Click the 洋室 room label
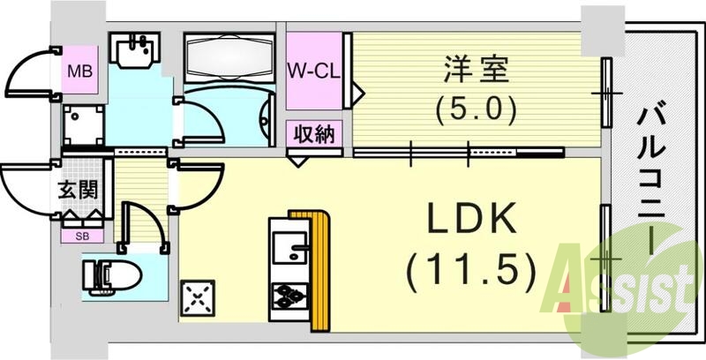point(469,67)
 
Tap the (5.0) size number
point(469,110)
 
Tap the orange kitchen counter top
point(319,265)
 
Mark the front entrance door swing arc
point(26,190)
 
